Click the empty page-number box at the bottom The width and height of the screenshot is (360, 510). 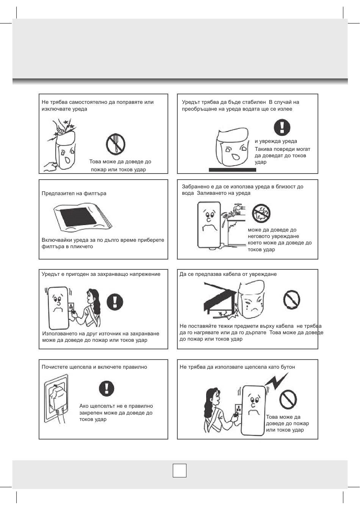coord(179,470)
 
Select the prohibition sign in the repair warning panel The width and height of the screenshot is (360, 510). coord(116,144)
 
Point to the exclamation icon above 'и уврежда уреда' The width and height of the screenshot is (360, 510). coord(282,127)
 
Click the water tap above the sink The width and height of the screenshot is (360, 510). coord(239,207)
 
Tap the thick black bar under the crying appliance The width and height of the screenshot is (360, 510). coord(232,170)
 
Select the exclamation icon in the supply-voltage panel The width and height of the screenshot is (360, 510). coord(115,302)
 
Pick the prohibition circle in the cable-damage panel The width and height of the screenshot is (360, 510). coord(292,300)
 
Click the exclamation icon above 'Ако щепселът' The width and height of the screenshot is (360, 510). coord(106,388)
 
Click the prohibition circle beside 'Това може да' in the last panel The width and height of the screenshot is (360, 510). coord(288,399)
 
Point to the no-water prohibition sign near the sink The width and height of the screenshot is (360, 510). coord(261,213)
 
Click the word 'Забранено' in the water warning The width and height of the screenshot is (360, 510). coord(195,186)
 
